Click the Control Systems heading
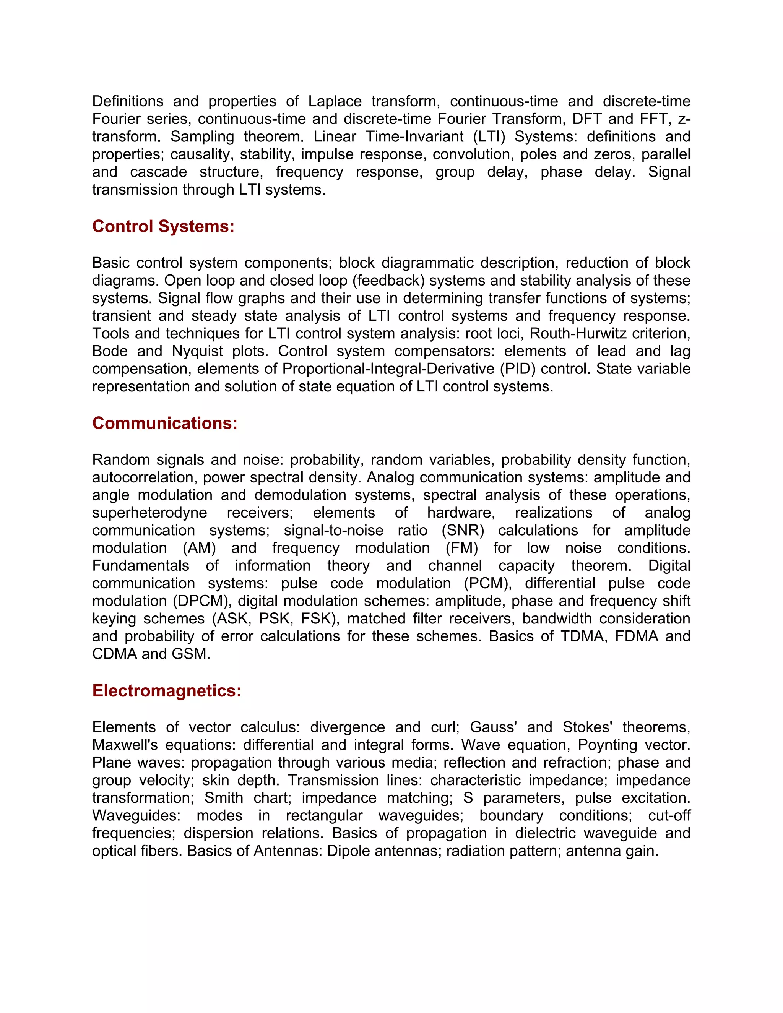pyautogui.click(x=163, y=226)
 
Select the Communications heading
pyautogui.click(x=165, y=423)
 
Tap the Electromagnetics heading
pyautogui.click(x=167, y=691)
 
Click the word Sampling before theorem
pyautogui.click(x=202, y=136)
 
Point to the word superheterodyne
pyautogui.click(x=149, y=513)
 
